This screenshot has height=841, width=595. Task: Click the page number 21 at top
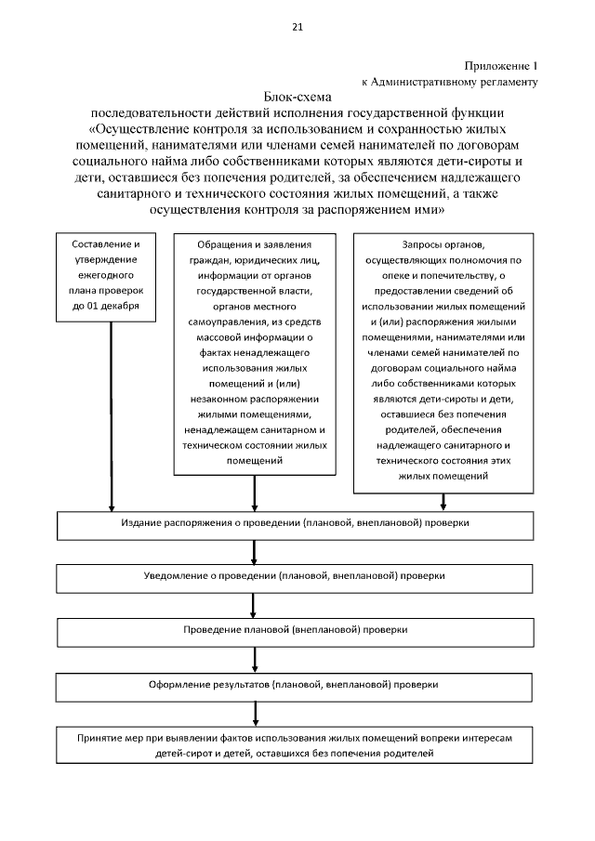(x=297, y=27)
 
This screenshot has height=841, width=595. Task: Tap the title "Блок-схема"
(x=297, y=96)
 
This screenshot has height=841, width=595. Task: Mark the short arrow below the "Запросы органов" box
(x=443, y=502)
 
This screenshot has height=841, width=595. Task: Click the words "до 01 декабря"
(x=112, y=306)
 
